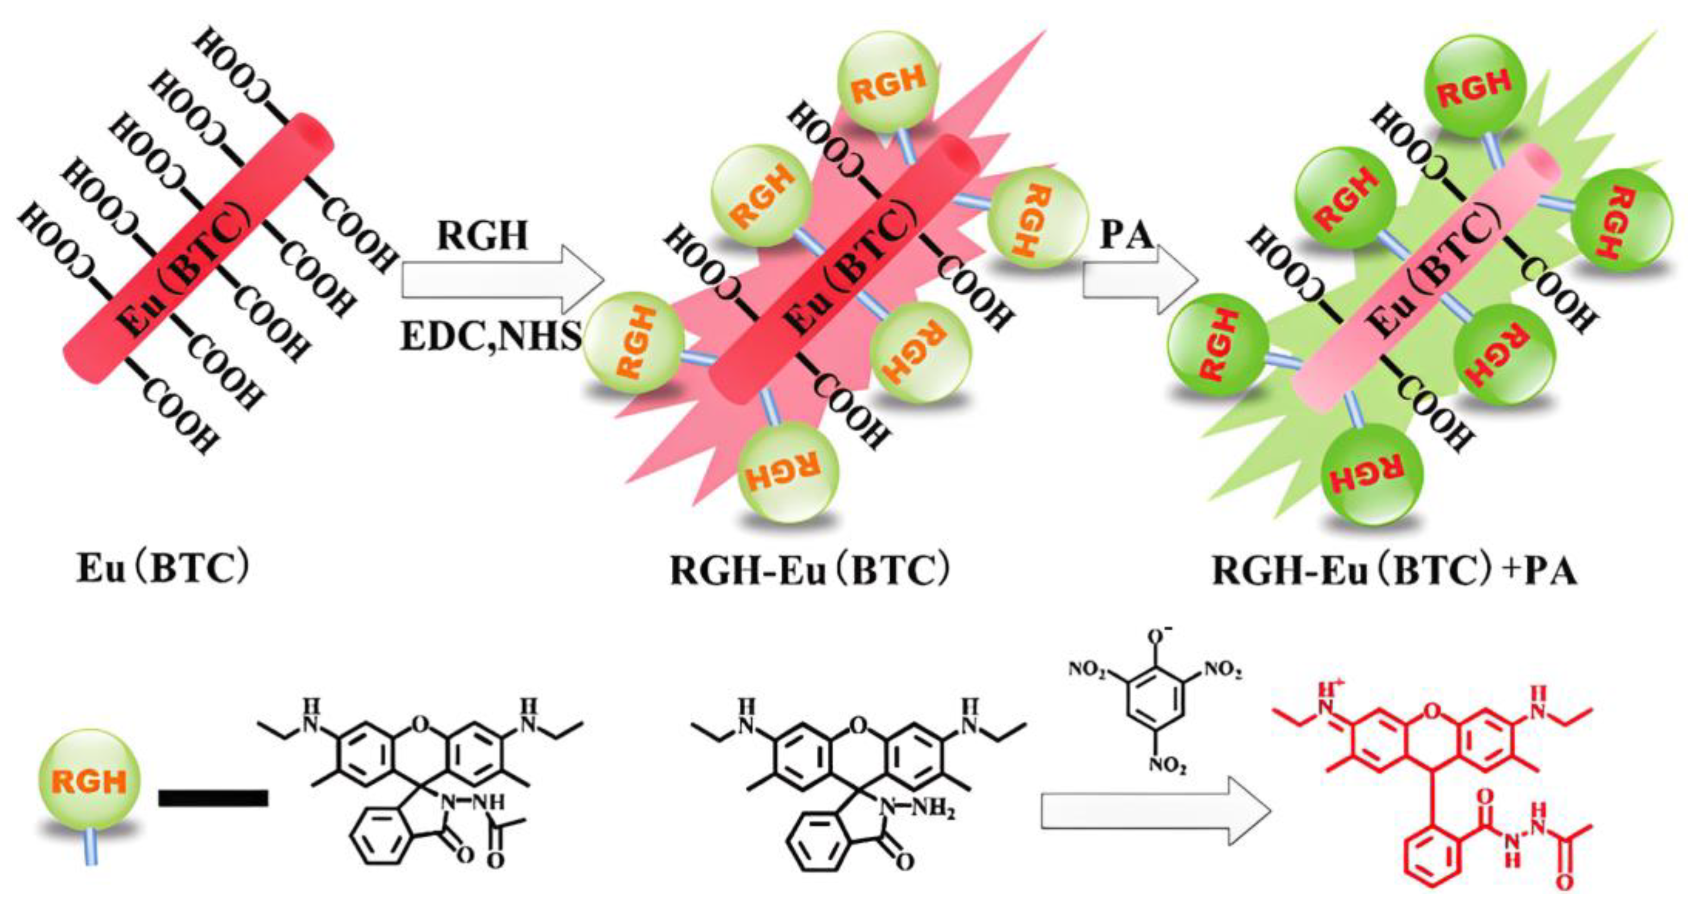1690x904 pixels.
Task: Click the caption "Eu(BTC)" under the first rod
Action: pyautogui.click(x=163, y=569)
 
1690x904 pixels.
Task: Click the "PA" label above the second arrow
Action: pyautogui.click(x=1126, y=235)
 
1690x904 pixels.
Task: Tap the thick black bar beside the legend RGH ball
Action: pyautogui.click(x=213, y=799)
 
